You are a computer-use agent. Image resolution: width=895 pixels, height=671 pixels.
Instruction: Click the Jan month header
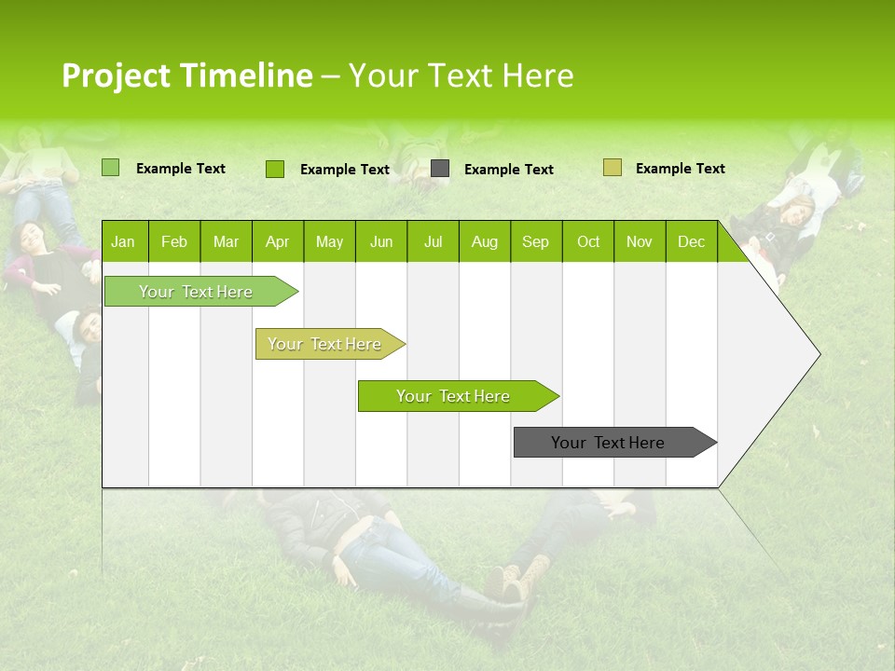click(123, 241)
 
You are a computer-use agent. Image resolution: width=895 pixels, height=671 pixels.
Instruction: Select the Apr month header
click(277, 241)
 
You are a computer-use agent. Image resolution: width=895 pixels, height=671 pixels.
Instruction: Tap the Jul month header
click(433, 241)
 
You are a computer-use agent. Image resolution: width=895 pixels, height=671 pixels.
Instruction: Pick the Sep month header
click(535, 241)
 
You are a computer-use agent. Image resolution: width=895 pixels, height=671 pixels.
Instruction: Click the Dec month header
click(691, 241)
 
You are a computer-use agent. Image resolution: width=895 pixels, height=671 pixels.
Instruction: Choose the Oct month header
click(588, 241)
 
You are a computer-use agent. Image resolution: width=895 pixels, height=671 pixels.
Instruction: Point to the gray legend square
click(440, 169)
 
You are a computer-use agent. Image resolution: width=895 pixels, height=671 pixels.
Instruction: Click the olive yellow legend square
click(612, 168)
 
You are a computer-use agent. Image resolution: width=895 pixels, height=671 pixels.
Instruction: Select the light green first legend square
click(110, 168)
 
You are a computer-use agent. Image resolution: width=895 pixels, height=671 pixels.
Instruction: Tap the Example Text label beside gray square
click(508, 170)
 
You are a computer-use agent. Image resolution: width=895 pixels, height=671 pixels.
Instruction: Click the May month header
click(329, 241)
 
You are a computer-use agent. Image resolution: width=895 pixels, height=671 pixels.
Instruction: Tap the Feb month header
click(173, 241)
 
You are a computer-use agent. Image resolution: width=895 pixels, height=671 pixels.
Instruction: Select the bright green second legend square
click(274, 169)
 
